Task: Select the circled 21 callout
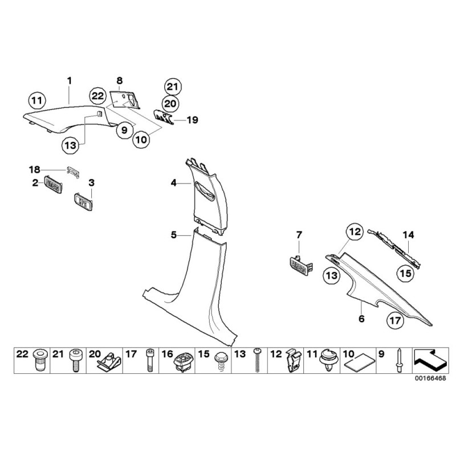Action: pyautogui.click(x=172, y=87)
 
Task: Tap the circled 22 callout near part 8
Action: pyautogui.click(x=97, y=96)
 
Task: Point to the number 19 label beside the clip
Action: pyautogui.click(x=193, y=120)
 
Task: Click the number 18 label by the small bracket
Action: pyautogui.click(x=35, y=169)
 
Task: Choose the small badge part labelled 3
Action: pyautogui.click(x=84, y=200)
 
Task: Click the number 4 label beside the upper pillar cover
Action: pyautogui.click(x=174, y=183)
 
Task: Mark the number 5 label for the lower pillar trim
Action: pyautogui.click(x=174, y=234)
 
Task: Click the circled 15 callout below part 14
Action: pyautogui.click(x=405, y=274)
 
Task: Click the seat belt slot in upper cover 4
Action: pyautogui.click(x=205, y=190)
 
